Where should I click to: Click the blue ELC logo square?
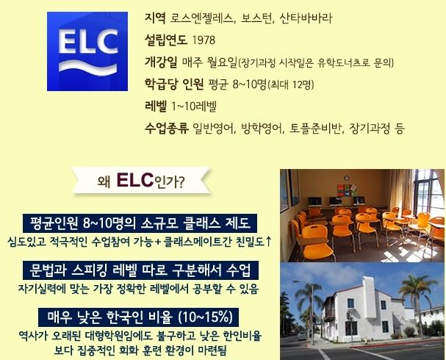[87, 51]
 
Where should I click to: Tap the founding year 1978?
[204, 40]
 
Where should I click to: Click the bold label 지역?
[155, 18]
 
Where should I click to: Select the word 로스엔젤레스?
[201, 18]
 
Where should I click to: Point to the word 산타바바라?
[306, 18]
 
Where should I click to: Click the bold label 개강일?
[161, 62]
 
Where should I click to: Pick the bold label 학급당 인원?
[174, 84]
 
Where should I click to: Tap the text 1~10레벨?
[194, 106]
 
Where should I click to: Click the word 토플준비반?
[315, 129]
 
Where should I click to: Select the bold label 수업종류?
[167, 129]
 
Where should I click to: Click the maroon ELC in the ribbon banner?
[134, 180]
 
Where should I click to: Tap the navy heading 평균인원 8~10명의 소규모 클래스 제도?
[140, 223]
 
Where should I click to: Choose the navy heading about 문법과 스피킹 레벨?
[140, 270]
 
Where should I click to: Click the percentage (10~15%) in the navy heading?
[205, 317]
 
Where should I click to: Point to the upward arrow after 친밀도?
[267, 242]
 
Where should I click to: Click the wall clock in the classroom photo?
[347, 178]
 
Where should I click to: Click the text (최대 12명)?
[291, 84]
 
